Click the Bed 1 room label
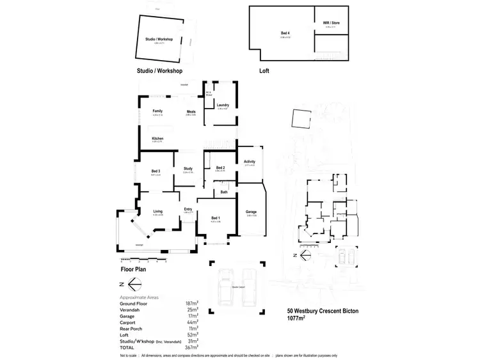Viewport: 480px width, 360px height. [215, 219]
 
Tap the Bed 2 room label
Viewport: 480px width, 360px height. [220, 168]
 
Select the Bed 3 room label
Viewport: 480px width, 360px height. [156, 171]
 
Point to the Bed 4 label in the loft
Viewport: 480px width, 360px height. [284, 32]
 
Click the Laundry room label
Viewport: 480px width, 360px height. [222, 105]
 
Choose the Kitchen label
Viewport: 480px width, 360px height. [157, 139]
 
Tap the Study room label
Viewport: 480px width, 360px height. [188, 169]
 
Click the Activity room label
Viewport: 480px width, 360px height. [250, 162]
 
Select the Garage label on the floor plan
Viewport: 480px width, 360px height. [252, 212]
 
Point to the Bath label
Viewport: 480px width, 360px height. [224, 192]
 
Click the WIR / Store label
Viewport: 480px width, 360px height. [331, 23]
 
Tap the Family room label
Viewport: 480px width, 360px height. [157, 111]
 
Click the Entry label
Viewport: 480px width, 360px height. [188, 208]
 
